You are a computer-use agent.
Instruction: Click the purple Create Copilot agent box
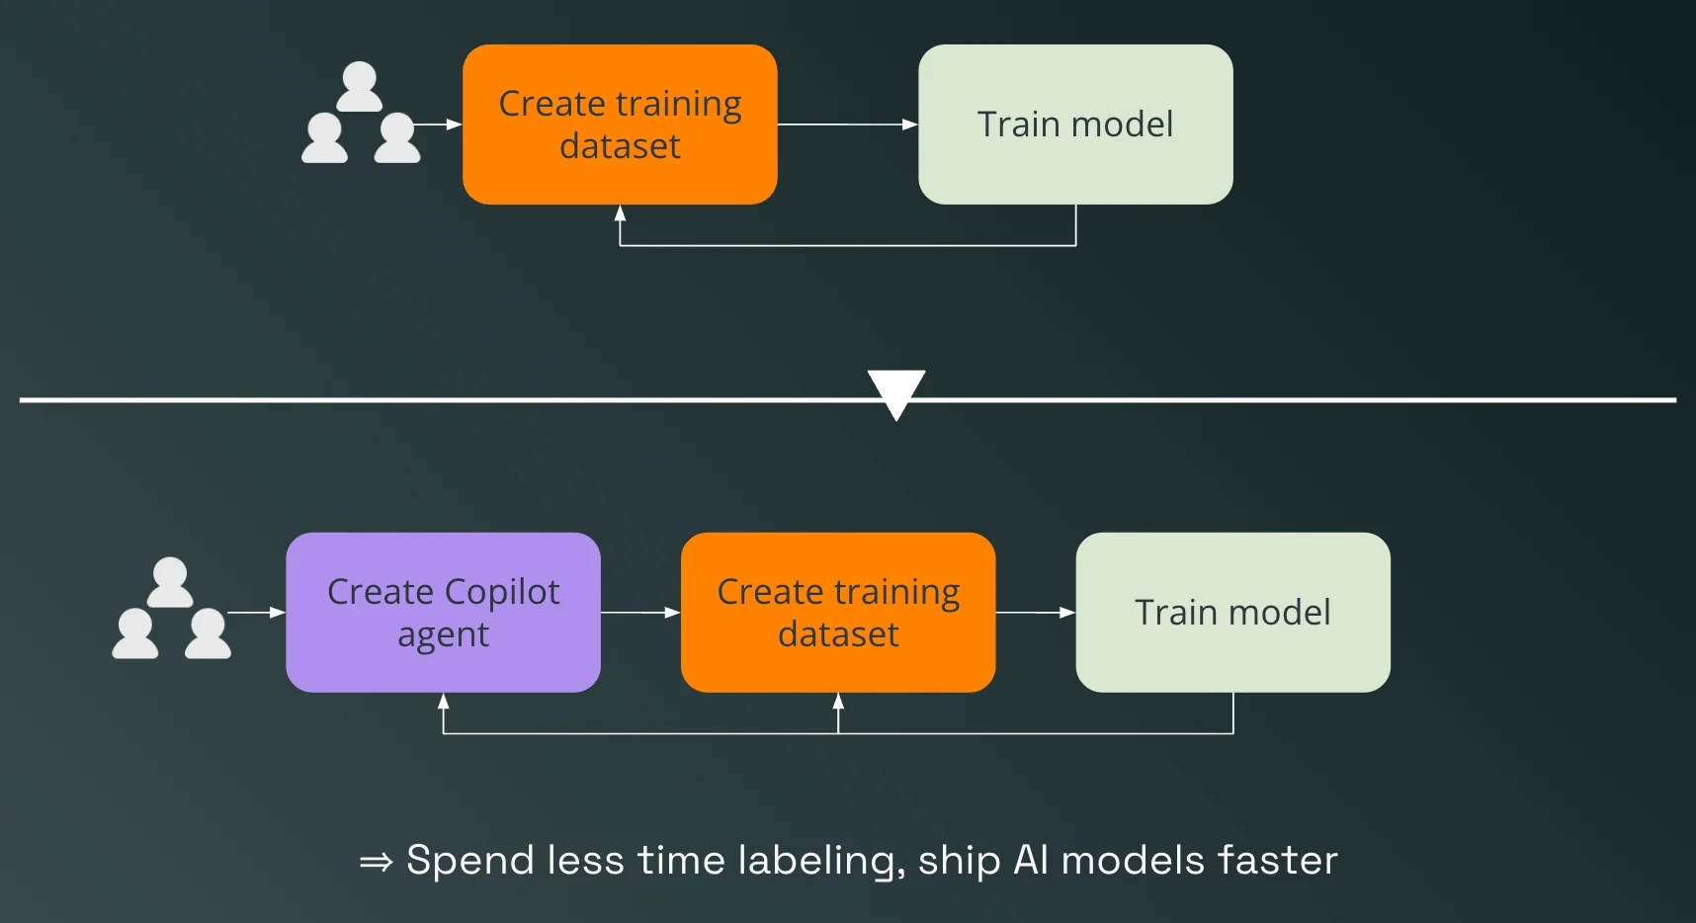[443, 613]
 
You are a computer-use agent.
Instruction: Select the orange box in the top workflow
[620, 125]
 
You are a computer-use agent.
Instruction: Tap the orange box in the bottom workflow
[838, 613]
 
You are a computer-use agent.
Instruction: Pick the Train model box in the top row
[1075, 125]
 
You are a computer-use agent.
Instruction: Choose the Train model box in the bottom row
[1232, 613]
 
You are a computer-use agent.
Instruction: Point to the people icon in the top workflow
[361, 114]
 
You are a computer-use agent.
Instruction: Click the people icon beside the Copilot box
[171, 609]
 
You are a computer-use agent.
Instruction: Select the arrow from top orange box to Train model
[847, 125]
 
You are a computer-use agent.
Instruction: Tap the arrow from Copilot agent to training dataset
[640, 613]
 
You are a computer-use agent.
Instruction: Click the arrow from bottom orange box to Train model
[1035, 613]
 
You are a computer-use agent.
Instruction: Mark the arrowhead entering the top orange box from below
[620, 212]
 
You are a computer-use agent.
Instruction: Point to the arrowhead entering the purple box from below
[443, 701]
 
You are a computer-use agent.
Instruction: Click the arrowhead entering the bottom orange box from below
[838, 701]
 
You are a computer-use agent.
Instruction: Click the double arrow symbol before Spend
[376, 862]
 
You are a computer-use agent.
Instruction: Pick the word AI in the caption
[1031, 861]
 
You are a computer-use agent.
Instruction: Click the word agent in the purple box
[443, 635]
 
